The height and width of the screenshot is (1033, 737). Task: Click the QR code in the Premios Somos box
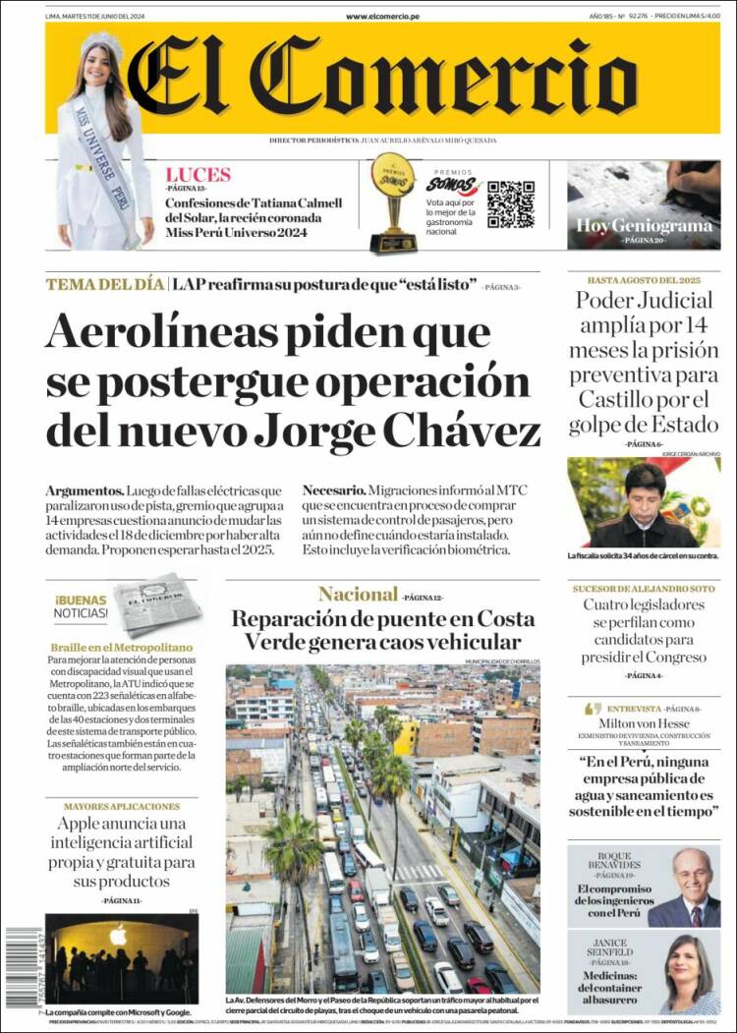pyautogui.click(x=511, y=203)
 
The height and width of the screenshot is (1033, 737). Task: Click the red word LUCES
pyautogui.click(x=198, y=175)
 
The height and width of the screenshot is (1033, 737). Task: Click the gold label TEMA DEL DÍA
pyautogui.click(x=104, y=285)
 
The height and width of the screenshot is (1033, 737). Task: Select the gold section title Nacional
pyautogui.click(x=358, y=594)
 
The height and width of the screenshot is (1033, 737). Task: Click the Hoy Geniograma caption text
pyautogui.click(x=644, y=225)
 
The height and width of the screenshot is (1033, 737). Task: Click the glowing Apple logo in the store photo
pyautogui.click(x=118, y=935)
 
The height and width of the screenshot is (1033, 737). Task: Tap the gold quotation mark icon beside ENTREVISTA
pyautogui.click(x=593, y=708)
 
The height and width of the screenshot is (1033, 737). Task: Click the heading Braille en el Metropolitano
pyautogui.click(x=121, y=648)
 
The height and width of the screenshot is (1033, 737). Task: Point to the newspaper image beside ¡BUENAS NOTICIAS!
pyautogui.click(x=155, y=603)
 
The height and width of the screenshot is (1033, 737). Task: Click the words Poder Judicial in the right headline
pyautogui.click(x=644, y=301)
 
